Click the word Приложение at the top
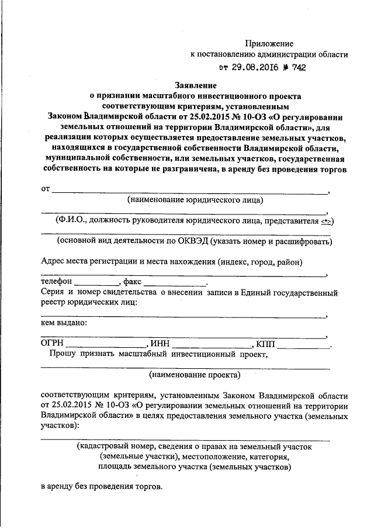pyautogui.click(x=269, y=43)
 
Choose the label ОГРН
pyautogui.click(x=52, y=344)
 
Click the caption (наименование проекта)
pyautogui.click(x=194, y=374)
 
